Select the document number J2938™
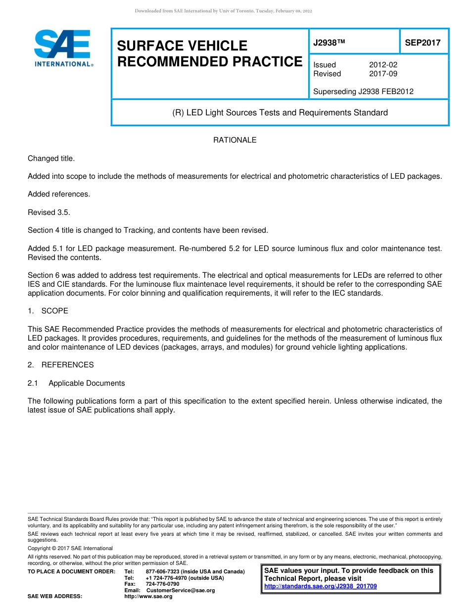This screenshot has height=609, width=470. point(329,43)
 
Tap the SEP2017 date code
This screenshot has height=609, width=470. point(423,43)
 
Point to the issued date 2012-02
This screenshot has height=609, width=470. point(383,65)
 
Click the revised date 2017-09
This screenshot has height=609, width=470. point(383,74)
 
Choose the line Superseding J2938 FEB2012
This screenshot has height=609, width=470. point(363,91)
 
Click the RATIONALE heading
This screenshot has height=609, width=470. point(235,140)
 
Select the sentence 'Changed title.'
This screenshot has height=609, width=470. point(51,158)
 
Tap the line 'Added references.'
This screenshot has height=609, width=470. point(59,194)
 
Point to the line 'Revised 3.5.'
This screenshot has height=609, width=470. point(49,212)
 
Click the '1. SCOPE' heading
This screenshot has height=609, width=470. point(48,311)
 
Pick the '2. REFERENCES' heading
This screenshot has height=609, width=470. point(60,365)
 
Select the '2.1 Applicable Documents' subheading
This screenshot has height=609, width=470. point(76,383)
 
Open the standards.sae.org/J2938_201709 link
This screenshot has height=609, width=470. point(321,586)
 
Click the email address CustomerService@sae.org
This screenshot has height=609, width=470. point(181,590)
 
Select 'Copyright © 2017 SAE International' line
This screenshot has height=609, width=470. point(70,548)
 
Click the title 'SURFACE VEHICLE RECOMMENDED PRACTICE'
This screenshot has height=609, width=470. point(209,53)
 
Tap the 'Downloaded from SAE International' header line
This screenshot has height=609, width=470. point(223,11)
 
